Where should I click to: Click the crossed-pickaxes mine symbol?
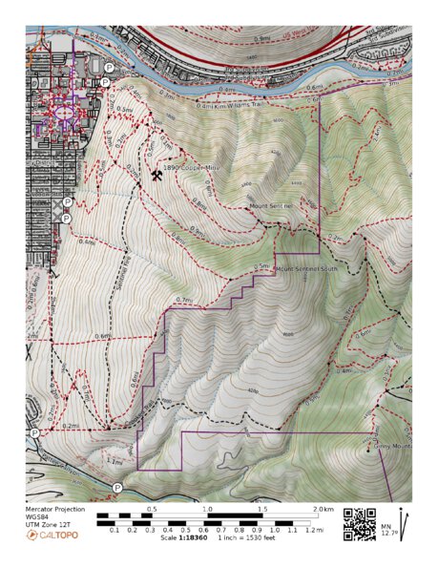click(156, 177)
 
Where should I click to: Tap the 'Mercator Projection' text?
click(54, 510)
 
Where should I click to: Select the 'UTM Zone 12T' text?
click(47, 526)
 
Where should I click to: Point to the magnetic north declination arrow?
click(404, 523)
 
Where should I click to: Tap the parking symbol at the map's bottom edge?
click(117, 488)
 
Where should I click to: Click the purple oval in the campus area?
click(65, 112)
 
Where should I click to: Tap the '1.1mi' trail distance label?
click(115, 460)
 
